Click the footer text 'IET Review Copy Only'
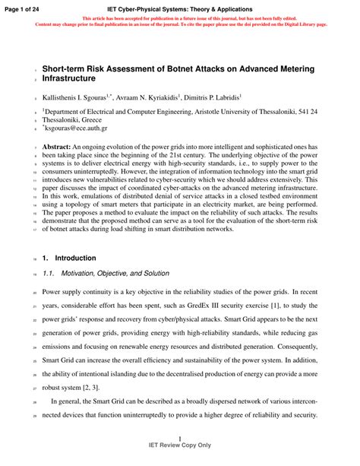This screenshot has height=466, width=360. tap(180, 445)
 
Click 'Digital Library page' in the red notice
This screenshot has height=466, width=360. tap(301, 24)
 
